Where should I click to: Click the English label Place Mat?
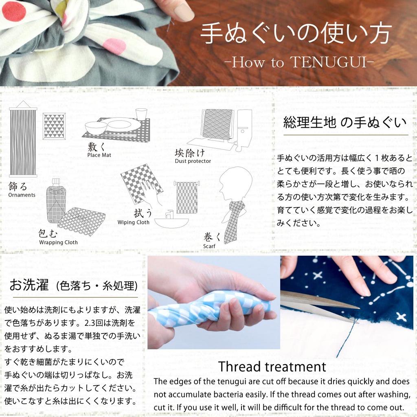click(99, 155)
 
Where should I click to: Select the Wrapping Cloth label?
click(58, 242)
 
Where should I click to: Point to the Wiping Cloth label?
click(134, 222)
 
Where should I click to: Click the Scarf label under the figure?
click(209, 246)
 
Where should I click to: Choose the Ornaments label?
click(22, 195)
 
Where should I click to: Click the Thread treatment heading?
click(272, 367)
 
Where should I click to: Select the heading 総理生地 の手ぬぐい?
click(345, 122)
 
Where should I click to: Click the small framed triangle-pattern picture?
click(54, 126)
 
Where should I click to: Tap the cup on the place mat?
click(141, 114)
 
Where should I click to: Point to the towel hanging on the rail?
click(187, 197)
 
